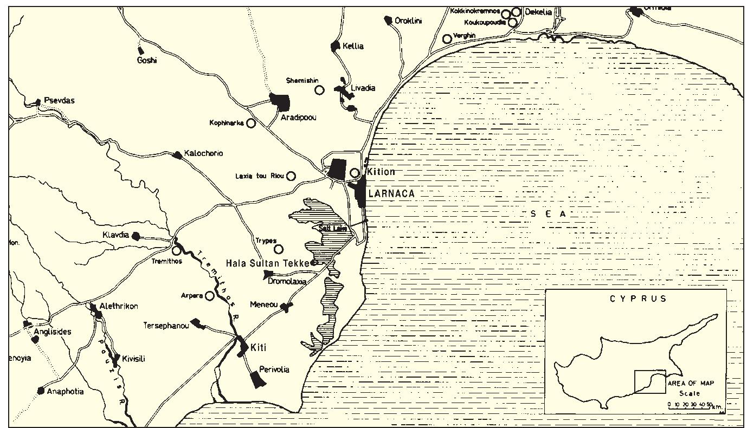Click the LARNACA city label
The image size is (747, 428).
391,193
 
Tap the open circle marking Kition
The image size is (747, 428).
355,173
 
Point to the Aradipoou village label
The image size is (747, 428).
298,118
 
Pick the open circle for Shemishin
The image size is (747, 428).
320,90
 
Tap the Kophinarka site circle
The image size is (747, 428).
251,123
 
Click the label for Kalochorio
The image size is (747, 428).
203,153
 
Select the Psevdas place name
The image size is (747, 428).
60,101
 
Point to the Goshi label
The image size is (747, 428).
147,60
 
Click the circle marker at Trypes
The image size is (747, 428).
279,249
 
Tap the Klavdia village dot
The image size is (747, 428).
137,236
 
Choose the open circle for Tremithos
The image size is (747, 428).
176,251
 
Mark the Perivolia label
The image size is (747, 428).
274,369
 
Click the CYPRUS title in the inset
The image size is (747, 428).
638,299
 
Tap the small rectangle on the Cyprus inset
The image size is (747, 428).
649,381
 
